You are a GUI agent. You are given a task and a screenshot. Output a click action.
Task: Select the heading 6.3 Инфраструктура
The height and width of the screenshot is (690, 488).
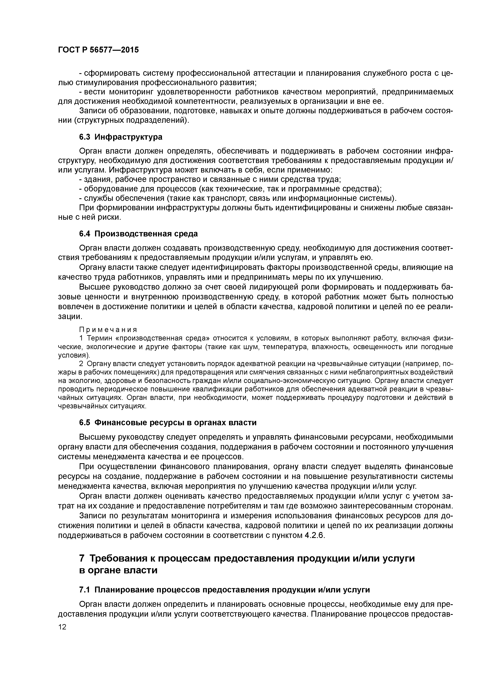(121, 137)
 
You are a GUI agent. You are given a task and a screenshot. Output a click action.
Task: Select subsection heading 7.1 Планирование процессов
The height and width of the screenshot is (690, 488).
(224, 590)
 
